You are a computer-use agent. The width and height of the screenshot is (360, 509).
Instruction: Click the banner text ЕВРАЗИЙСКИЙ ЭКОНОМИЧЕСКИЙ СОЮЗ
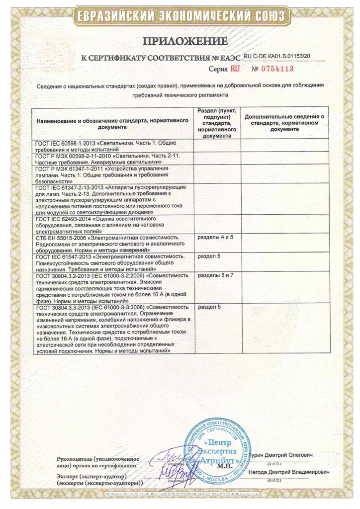[180, 17]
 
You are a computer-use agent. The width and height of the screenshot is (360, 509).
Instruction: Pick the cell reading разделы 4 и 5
[216, 237]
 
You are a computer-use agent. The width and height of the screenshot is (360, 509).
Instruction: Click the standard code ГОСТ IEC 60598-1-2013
[65, 143]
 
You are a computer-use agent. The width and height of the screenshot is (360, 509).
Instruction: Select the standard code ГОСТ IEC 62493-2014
[65, 219]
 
